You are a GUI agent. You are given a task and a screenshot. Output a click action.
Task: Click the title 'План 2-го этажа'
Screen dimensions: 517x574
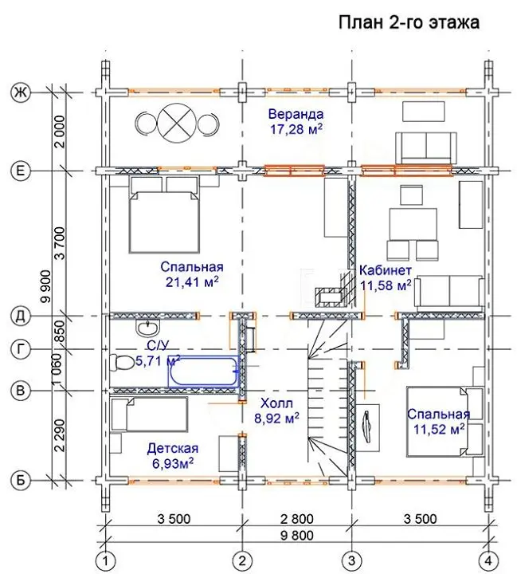pyautogui.click(x=409, y=22)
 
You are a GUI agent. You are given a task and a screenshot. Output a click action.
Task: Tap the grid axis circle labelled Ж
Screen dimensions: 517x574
pyautogui.click(x=21, y=92)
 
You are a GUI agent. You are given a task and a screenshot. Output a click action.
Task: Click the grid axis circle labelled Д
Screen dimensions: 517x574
pyautogui.click(x=21, y=316)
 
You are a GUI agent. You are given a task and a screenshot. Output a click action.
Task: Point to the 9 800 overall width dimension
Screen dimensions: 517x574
pyautogui.click(x=297, y=536)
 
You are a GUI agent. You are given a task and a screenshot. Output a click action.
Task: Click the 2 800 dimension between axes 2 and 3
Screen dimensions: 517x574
pyautogui.click(x=297, y=519)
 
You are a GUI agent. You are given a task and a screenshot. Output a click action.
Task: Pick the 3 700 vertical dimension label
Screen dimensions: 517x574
pyautogui.click(x=61, y=243)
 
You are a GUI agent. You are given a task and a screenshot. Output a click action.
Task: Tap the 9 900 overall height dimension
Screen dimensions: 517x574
pyautogui.click(x=46, y=287)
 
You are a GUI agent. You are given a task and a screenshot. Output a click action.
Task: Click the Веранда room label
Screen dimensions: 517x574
pyautogui.click(x=296, y=114)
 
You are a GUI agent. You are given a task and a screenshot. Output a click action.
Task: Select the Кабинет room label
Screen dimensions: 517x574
pyautogui.click(x=386, y=270)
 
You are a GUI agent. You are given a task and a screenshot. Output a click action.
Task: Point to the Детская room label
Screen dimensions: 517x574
pyautogui.click(x=173, y=448)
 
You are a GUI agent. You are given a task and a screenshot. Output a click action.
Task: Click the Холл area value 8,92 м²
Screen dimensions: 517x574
pyautogui.click(x=276, y=418)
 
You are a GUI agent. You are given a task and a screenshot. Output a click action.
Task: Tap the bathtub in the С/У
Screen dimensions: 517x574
pyautogui.click(x=203, y=372)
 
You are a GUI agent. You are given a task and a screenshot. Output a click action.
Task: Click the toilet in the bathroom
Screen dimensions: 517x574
pyautogui.click(x=122, y=364)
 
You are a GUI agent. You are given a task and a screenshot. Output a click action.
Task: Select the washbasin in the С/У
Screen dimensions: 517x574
pyautogui.click(x=147, y=327)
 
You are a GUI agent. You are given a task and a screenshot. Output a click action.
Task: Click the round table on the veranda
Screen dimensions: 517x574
pyautogui.click(x=177, y=123)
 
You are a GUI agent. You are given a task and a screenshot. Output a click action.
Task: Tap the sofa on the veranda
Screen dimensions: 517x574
pyautogui.click(x=426, y=148)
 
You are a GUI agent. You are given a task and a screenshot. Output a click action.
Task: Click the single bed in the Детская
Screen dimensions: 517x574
pyautogui.click(x=149, y=415)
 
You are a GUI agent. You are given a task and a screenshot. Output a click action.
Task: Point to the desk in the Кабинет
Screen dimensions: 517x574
pyautogui.click(x=413, y=224)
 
